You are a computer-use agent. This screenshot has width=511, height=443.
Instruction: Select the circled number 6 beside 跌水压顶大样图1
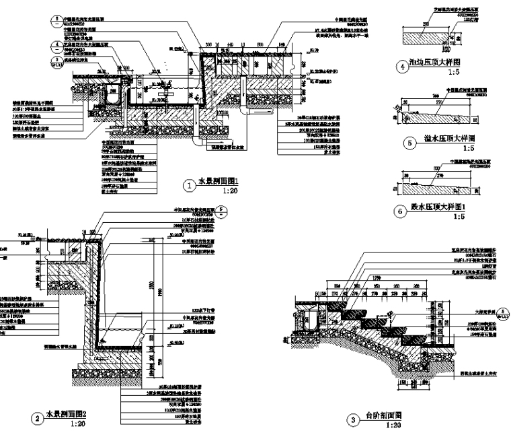coord(402,210)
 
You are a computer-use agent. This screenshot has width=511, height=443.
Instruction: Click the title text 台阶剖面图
coord(384,417)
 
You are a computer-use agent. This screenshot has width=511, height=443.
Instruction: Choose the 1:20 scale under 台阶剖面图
coord(392,426)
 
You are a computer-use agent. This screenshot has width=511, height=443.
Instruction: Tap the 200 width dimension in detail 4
coord(425,23)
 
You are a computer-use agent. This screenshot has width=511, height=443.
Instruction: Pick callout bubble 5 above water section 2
coord(224,210)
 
